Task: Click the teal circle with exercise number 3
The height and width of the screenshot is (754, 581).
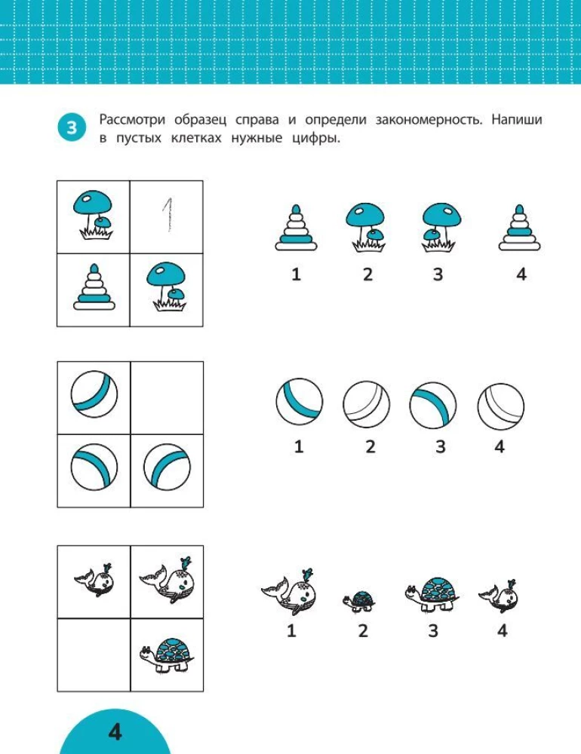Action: (71, 128)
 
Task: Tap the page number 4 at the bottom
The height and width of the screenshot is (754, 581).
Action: (115, 731)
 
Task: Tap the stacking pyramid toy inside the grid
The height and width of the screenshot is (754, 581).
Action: (94, 288)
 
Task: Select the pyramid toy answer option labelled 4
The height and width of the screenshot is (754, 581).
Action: (521, 228)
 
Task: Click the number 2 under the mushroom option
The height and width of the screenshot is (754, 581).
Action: (367, 274)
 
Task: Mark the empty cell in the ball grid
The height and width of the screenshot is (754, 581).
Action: (168, 397)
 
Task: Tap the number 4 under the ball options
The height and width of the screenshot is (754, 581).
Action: (499, 446)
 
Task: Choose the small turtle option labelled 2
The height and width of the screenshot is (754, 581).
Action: (359, 600)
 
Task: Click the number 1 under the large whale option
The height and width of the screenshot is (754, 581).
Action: (292, 630)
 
